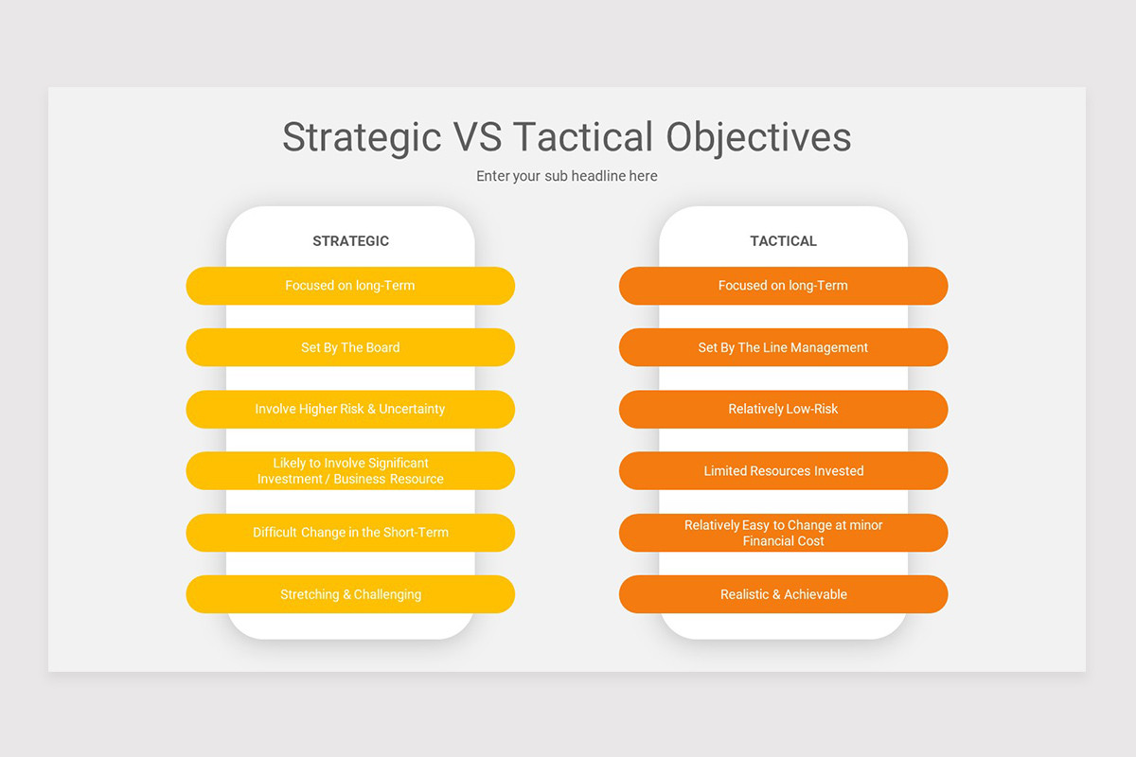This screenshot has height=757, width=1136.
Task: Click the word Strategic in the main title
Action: pyautogui.click(x=362, y=137)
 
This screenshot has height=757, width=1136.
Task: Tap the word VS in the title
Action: pyautogui.click(x=478, y=137)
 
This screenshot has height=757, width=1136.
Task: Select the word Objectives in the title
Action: pyautogui.click(x=758, y=137)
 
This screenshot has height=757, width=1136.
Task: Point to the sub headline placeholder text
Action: pyautogui.click(x=566, y=176)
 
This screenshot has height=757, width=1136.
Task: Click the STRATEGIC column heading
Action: pyautogui.click(x=350, y=241)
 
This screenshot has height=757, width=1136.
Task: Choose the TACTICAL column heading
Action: pyautogui.click(x=783, y=241)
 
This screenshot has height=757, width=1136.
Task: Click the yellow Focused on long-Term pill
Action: pyautogui.click(x=350, y=286)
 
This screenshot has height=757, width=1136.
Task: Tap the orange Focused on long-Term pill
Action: pyautogui.click(x=783, y=286)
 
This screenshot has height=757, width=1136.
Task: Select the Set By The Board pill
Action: pyautogui.click(x=350, y=347)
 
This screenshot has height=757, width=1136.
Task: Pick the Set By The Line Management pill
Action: pyautogui.click(x=783, y=347)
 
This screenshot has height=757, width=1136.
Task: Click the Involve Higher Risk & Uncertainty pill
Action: pyautogui.click(x=350, y=410)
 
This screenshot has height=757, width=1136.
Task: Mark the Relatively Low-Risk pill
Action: pyautogui.click(x=783, y=410)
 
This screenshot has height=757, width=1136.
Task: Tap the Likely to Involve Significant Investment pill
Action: pyautogui.click(x=350, y=471)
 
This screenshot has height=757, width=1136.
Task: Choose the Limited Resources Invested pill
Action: pyautogui.click(x=783, y=471)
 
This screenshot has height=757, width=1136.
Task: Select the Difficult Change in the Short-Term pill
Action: pyautogui.click(x=350, y=533)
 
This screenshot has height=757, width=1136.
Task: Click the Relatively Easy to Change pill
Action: pyautogui.click(x=783, y=533)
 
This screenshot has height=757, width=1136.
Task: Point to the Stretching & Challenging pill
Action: pyautogui.click(x=350, y=594)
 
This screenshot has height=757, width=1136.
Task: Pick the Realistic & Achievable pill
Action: pyautogui.click(x=783, y=594)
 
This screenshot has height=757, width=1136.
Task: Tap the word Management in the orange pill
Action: pyautogui.click(x=828, y=347)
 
